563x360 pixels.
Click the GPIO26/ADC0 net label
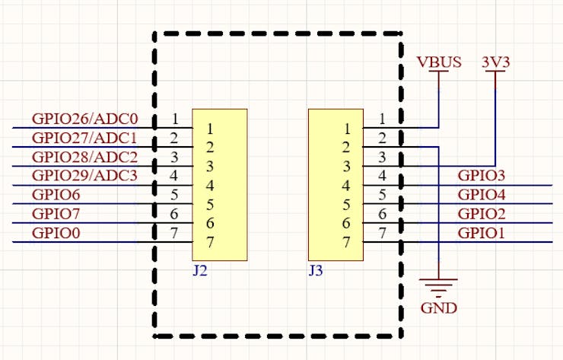click(84, 119)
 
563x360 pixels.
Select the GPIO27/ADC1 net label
click(84, 139)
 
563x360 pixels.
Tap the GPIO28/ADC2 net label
click(84, 158)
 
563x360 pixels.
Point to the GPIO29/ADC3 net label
click(84, 177)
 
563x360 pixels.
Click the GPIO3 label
click(482, 177)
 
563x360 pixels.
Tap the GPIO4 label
click(482, 196)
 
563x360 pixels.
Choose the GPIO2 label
click(482, 215)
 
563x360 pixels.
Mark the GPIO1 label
click(482, 234)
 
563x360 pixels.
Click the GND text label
click(439, 308)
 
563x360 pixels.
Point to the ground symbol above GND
click(439, 286)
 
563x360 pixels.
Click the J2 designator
click(200, 270)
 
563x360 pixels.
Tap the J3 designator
click(316, 270)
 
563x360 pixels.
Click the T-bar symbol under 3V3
click(495, 74)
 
